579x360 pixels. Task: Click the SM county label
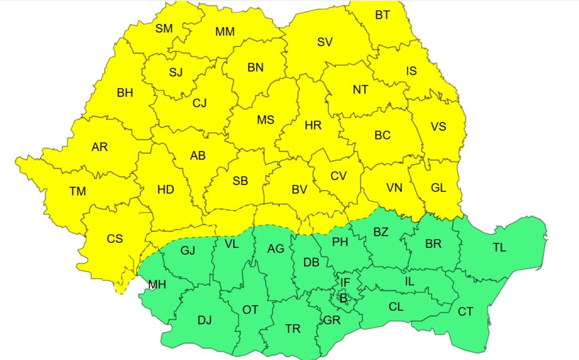point(164,29)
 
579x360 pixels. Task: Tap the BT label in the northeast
point(382,15)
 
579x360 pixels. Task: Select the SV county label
point(325,42)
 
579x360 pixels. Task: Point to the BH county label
point(125,93)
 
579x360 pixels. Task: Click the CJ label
point(200,102)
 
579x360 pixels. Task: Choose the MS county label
point(266,120)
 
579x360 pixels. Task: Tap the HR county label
point(313,125)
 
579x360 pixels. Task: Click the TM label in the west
point(78,191)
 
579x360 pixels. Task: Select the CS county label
point(115,239)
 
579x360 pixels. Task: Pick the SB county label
point(240,181)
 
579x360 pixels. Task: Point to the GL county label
point(438,188)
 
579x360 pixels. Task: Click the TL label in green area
point(499,247)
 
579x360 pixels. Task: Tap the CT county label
point(465,312)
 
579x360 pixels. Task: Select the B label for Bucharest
point(342,297)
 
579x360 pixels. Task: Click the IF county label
point(345,282)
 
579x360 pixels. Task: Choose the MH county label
point(157,284)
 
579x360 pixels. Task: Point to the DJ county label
point(204,320)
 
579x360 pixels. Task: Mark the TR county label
point(293,329)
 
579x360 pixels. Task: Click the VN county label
point(394,188)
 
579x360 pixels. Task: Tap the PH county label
point(340,242)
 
